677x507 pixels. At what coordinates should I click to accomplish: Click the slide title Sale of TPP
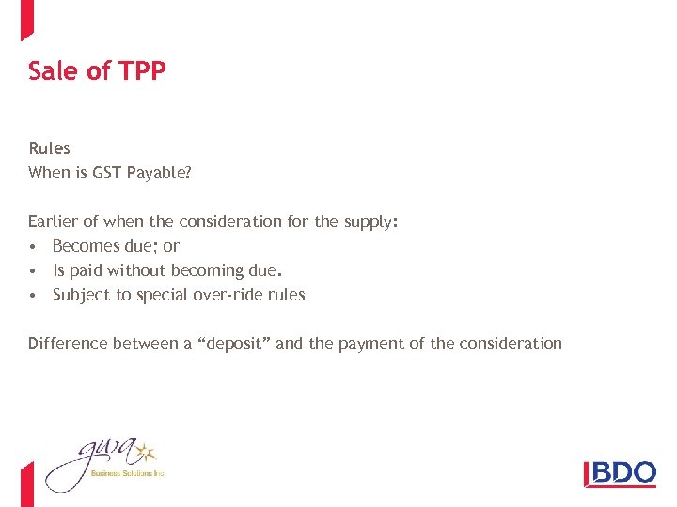(97, 71)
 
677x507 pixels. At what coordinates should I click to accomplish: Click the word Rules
(49, 148)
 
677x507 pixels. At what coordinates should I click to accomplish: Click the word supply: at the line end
(370, 223)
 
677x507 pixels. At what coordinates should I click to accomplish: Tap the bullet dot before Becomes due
(33, 247)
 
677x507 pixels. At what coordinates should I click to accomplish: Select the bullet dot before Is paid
(33, 271)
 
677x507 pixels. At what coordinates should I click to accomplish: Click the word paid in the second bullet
(86, 271)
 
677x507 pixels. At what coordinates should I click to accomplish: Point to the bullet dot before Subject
(33, 296)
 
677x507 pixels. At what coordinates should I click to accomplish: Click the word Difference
(68, 344)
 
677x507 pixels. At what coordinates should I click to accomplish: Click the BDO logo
(620, 471)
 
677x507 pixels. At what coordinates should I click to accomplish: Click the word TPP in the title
(143, 71)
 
